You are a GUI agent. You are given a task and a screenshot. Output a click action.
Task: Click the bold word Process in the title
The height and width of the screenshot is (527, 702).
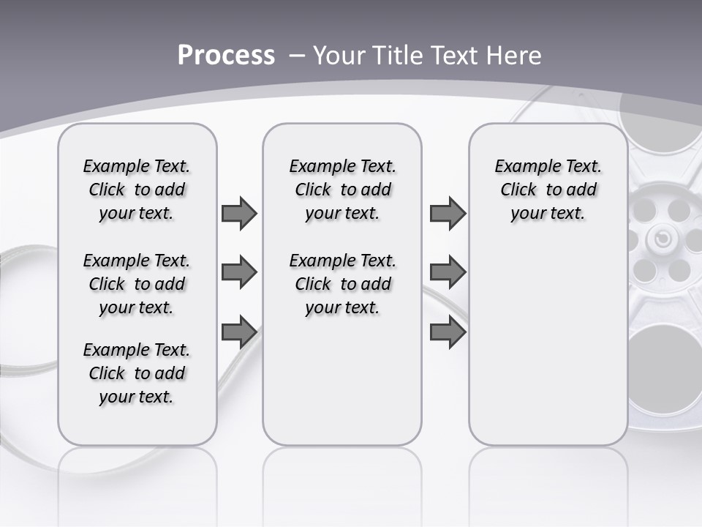(226, 56)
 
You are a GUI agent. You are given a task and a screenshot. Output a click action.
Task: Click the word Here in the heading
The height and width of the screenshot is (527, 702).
(514, 56)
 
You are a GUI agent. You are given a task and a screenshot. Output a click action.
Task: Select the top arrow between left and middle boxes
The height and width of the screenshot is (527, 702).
(239, 213)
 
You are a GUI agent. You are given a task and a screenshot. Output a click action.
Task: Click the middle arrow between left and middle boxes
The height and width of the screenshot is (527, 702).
(239, 273)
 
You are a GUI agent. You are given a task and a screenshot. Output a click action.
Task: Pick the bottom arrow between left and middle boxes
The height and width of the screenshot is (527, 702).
(239, 332)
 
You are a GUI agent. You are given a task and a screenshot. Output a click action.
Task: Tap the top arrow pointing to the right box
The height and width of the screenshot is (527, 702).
(448, 213)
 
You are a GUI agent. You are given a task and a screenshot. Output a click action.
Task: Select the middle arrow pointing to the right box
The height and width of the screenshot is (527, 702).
(448, 273)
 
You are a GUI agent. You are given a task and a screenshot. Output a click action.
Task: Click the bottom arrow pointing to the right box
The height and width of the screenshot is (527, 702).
(448, 332)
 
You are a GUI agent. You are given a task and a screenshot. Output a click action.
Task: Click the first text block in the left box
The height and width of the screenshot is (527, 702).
(137, 190)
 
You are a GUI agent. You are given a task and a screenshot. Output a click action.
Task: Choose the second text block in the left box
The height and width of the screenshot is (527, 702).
(137, 284)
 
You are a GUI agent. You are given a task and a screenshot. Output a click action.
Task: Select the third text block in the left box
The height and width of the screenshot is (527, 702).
(137, 373)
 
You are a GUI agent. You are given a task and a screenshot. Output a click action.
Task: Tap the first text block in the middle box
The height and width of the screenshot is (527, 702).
(342, 190)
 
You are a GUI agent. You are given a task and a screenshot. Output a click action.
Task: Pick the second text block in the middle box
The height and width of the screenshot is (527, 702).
(342, 284)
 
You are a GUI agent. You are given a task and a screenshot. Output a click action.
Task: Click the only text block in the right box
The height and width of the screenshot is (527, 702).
(548, 190)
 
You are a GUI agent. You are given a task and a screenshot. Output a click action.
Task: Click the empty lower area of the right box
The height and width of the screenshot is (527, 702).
(548, 344)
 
